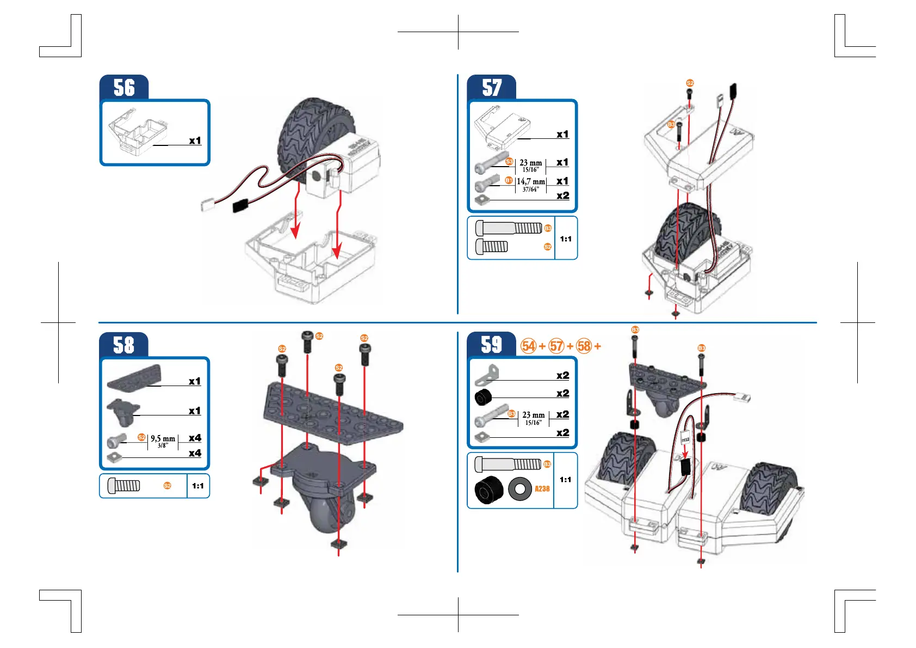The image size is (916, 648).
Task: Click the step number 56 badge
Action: coord(124,88)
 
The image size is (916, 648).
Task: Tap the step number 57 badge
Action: coord(492,88)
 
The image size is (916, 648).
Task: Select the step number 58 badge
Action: coord(124,345)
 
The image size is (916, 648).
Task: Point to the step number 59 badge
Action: coord(492,345)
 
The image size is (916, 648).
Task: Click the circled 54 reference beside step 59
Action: coord(529,346)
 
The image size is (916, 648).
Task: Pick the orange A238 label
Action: coord(542,489)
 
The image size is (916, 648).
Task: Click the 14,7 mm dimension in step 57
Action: coord(530,181)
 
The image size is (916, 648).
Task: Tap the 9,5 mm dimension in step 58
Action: coord(163,438)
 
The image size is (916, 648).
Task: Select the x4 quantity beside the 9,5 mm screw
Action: coord(195,438)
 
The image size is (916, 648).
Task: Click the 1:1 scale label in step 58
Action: coord(198,486)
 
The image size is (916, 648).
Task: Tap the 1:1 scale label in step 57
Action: coord(566,239)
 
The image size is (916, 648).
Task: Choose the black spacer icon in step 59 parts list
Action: coord(482,397)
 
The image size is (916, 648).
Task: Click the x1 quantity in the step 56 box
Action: coord(195,140)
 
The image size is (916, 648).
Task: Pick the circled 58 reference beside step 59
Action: coord(584,346)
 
